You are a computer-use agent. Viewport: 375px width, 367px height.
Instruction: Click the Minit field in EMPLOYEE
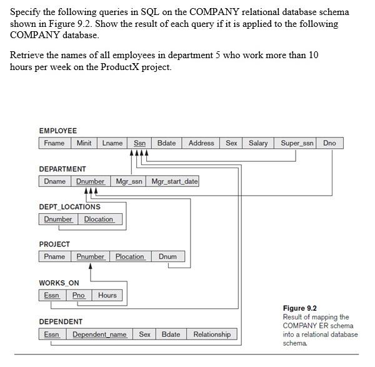(x=84, y=143)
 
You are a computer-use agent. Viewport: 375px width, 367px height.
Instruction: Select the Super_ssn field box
(x=297, y=143)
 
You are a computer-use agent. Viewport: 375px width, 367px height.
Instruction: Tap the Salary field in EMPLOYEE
(x=258, y=143)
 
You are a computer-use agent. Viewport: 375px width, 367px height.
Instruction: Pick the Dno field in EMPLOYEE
(x=329, y=143)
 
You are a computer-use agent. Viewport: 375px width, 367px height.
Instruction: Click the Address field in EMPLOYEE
(x=201, y=143)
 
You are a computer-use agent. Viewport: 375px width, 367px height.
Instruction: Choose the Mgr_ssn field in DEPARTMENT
(x=129, y=181)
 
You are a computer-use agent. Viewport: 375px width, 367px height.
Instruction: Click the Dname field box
(x=55, y=181)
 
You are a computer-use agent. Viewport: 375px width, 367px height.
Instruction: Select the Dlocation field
(x=99, y=219)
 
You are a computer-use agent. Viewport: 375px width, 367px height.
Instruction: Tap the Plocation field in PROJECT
(x=130, y=256)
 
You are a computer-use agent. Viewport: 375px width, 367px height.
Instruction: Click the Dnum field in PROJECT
(x=167, y=256)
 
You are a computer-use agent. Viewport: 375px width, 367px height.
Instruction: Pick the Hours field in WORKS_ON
(x=107, y=295)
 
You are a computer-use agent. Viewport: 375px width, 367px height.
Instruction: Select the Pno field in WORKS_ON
(x=79, y=295)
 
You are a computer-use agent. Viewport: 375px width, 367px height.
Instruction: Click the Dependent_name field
(x=99, y=334)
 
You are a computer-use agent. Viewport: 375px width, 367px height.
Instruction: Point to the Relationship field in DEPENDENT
(x=212, y=334)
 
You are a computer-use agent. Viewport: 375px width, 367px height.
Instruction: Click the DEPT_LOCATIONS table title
(x=69, y=206)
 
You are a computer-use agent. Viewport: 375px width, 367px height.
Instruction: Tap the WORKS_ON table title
(x=59, y=283)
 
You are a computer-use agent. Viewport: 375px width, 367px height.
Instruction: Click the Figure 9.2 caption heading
(x=299, y=308)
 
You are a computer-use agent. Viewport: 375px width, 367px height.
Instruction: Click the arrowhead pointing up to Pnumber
(x=92, y=266)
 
